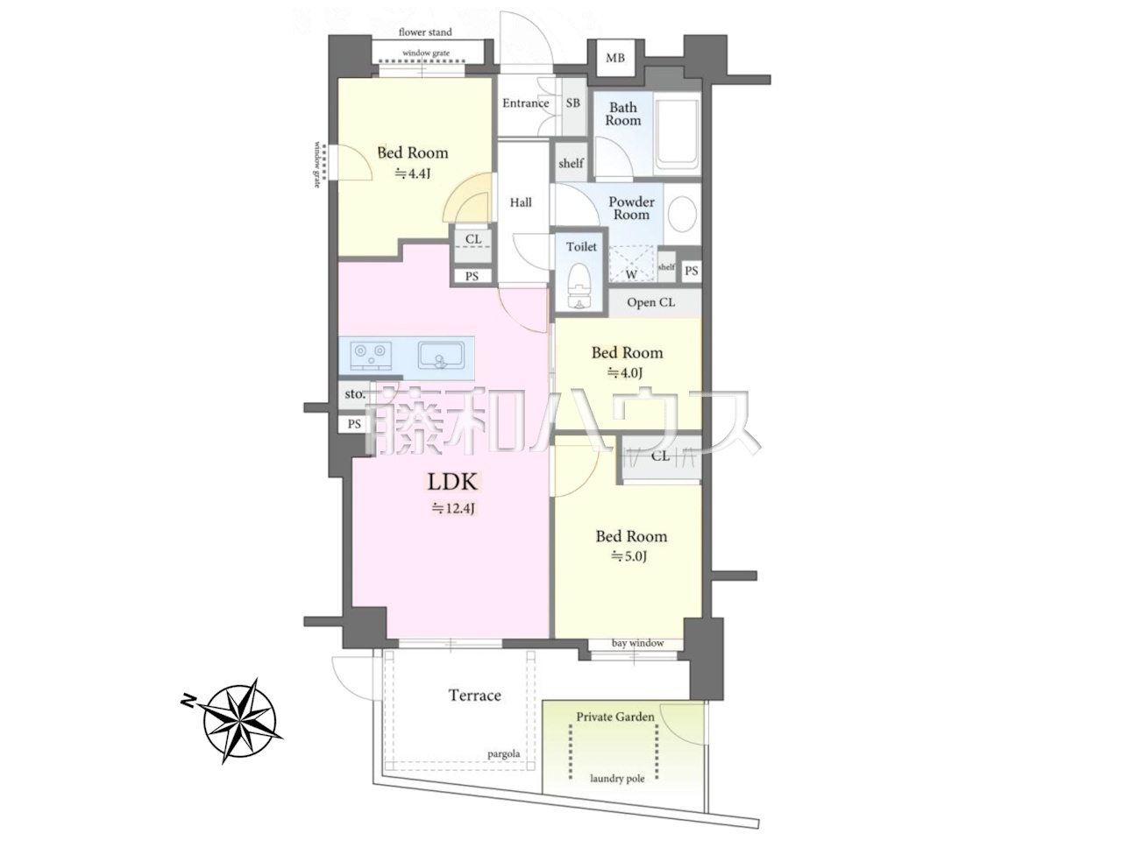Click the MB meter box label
[x=615, y=58]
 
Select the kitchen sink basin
[x=441, y=356]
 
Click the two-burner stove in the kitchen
[x=371, y=356]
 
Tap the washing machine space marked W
[x=632, y=264]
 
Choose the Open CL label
[x=650, y=302]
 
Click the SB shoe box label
[x=573, y=103]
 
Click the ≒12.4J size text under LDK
[x=454, y=509]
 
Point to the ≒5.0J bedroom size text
[x=629, y=556]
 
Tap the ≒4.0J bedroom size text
[x=625, y=373]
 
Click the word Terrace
[x=475, y=696]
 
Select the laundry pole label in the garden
[x=617, y=779]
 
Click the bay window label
[x=638, y=643]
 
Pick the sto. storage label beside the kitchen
[x=355, y=393]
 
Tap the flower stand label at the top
[x=425, y=32]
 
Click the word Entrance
[x=525, y=103]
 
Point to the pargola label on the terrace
[x=503, y=754]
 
